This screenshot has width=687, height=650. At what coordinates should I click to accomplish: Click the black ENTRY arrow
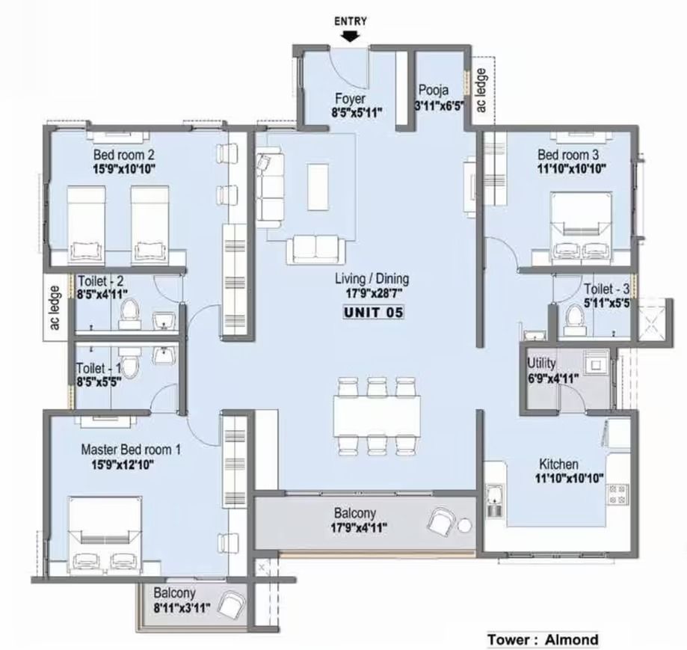[x=351, y=37]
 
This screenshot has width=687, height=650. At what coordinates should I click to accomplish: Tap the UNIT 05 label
[x=373, y=313]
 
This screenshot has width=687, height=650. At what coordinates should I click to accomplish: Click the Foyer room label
[x=350, y=99]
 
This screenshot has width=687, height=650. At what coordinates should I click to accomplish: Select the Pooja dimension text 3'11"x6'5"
[x=440, y=105]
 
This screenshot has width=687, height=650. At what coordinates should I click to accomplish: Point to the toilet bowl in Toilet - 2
[x=129, y=313]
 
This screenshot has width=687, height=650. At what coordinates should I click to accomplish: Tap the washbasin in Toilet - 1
[x=164, y=355]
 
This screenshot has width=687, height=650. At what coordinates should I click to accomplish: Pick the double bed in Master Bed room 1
[x=105, y=535]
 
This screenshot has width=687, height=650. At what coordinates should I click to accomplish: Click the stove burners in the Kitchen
[x=617, y=494]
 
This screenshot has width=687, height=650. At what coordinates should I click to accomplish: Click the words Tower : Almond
[x=543, y=640]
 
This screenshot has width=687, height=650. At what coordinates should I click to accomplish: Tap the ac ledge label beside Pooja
[x=481, y=90]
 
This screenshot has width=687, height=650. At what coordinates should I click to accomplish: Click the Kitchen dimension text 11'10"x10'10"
[x=570, y=478]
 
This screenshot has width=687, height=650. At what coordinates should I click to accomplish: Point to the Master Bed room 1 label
[x=131, y=450]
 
